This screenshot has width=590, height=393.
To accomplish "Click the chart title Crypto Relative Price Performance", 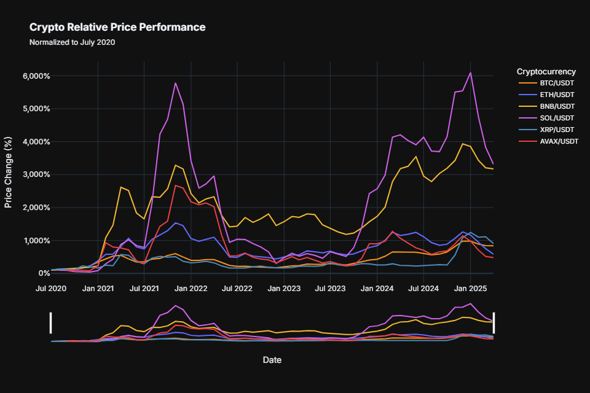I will click(117, 28).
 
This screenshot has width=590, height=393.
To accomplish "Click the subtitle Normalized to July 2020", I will click(72, 43).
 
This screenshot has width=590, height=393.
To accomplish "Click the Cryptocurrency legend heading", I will click(546, 71).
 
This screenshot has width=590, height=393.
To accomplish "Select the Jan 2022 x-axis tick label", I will click(191, 287).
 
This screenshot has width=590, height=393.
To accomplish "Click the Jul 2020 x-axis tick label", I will click(51, 287).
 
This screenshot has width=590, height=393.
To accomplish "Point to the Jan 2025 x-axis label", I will click(470, 287).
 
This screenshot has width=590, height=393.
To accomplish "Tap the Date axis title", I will click(272, 359).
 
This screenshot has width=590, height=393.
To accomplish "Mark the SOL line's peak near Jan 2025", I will click(470, 72).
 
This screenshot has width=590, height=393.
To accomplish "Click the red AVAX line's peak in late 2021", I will click(176, 185).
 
